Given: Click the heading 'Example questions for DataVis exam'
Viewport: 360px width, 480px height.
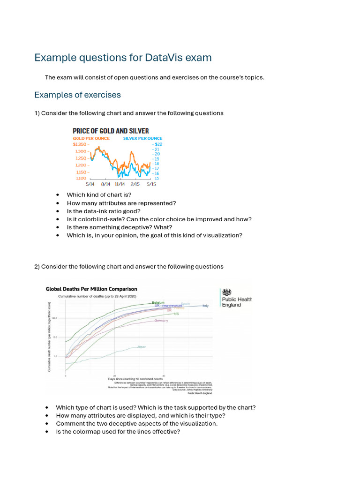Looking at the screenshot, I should click(123, 58).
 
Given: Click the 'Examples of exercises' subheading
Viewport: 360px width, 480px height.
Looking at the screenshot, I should click(77, 95).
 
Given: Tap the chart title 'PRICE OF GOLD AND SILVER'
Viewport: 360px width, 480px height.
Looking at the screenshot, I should click(111, 131).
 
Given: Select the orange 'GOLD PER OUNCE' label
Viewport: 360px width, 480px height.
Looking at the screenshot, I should click(91, 138).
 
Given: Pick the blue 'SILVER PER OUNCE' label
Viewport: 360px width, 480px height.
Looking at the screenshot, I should click(142, 138).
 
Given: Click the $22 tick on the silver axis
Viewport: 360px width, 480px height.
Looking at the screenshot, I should click(157, 145).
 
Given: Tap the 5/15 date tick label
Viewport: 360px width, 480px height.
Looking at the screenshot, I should click(151, 184).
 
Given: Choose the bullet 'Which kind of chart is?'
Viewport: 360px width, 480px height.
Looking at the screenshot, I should click(99, 195).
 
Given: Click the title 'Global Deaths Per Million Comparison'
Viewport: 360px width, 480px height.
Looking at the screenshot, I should click(91, 289).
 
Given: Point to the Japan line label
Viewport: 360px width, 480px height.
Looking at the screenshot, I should click(142, 347).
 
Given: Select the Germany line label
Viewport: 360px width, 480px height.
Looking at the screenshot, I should click(161, 321).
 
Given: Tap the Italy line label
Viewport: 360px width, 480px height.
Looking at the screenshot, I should click(205, 306).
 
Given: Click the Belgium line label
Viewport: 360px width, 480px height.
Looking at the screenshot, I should click(158, 302).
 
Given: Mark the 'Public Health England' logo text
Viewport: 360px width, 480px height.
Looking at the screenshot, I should click(237, 302).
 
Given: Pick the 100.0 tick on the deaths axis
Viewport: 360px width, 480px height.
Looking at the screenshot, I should click(54, 318).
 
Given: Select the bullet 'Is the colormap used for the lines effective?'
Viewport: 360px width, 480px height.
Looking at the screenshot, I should click(118, 431).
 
